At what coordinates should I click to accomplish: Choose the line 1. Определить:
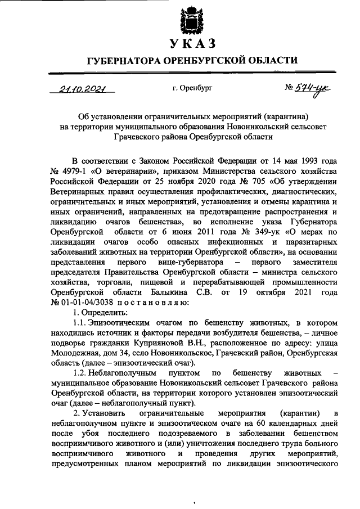[x=101, y=312]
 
